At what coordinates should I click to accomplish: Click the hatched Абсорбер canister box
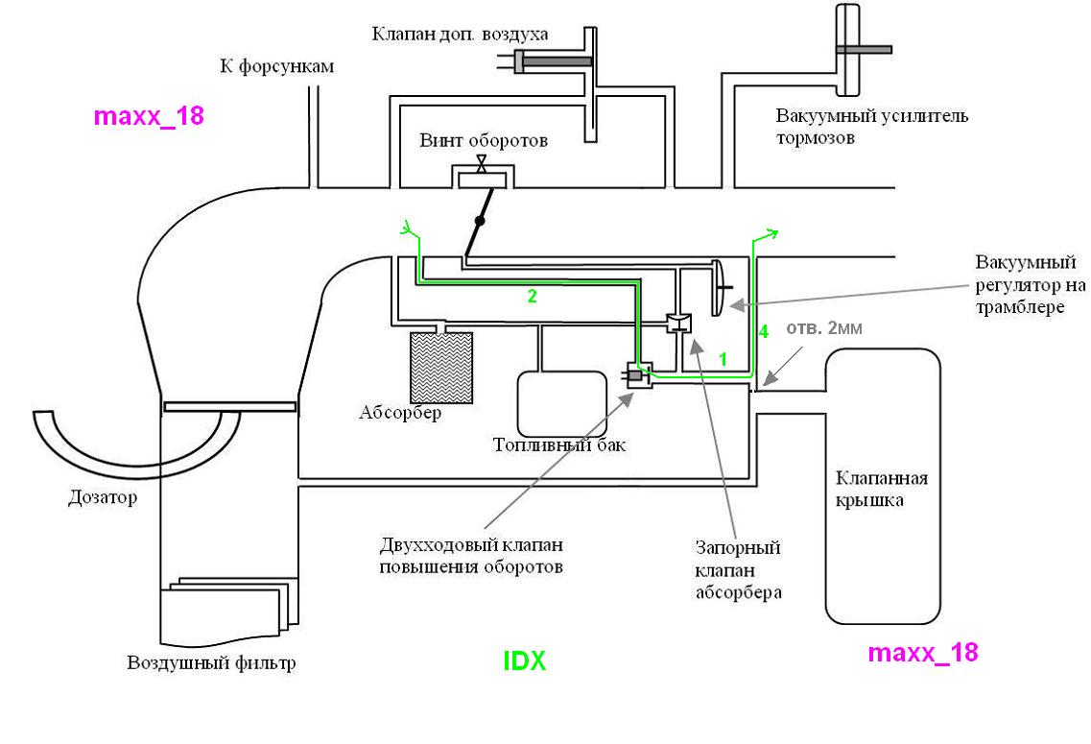(x=441, y=368)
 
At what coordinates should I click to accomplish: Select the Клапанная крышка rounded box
(x=882, y=487)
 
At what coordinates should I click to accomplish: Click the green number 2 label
(x=533, y=297)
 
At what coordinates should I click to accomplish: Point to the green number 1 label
(x=723, y=359)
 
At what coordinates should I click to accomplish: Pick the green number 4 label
(x=763, y=332)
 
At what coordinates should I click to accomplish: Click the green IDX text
(x=525, y=661)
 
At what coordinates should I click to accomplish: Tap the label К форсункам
(x=277, y=67)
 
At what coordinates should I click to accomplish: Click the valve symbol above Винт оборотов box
(x=481, y=164)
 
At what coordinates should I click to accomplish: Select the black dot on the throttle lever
(x=480, y=221)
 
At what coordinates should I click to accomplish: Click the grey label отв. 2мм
(x=824, y=327)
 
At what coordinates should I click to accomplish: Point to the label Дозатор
(x=103, y=497)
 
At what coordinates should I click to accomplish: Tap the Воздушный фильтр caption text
(x=211, y=662)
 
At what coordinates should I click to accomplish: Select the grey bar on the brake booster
(x=864, y=49)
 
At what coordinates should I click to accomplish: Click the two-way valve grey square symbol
(x=635, y=375)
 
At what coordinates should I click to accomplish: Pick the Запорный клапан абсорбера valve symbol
(x=678, y=324)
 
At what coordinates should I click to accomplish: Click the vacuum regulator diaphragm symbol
(x=719, y=287)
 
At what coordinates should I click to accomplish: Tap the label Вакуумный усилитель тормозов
(x=872, y=127)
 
